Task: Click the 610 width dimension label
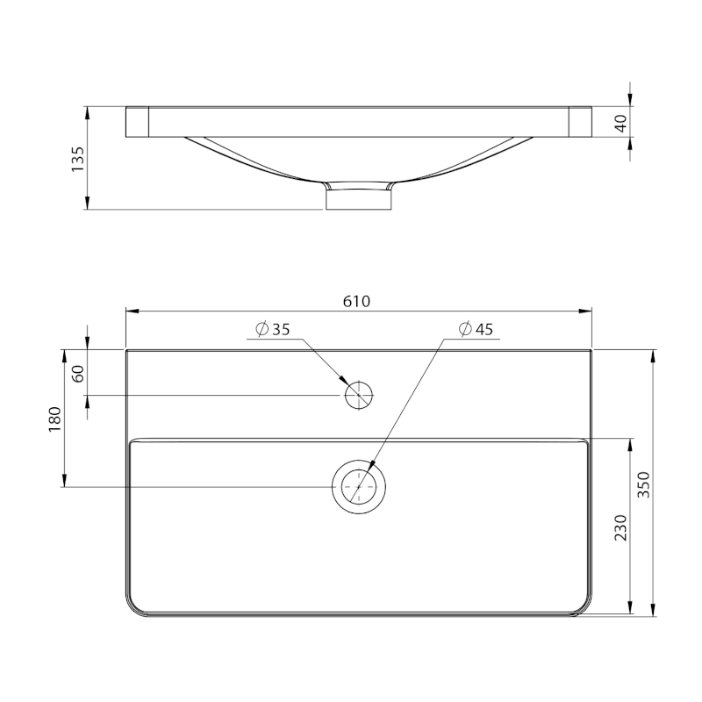pos(357,301)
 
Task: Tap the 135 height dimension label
pos(77,159)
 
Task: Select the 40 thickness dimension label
pos(621,123)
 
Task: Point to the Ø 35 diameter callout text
pos(273,329)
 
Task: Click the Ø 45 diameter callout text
pos(476,329)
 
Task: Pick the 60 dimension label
pos(78,374)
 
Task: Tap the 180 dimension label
pos(54,419)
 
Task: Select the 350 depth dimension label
pos(643,484)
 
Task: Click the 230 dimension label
pos(620,527)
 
